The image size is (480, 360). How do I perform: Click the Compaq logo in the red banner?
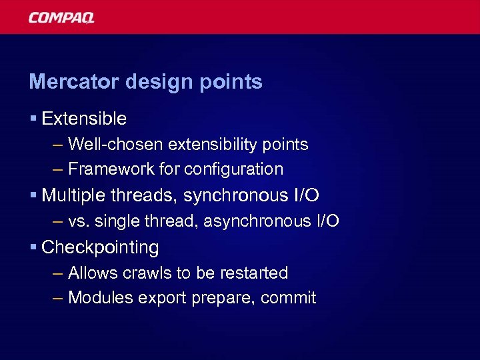(61, 18)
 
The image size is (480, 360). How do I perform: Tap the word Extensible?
(84, 119)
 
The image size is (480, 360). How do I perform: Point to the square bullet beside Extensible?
(33, 119)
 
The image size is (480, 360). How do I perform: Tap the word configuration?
(233, 169)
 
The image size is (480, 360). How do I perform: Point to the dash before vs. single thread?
(57, 221)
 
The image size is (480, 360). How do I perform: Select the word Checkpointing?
(100, 247)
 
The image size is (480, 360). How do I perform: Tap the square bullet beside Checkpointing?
(33, 247)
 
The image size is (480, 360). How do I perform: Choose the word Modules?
(101, 298)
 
